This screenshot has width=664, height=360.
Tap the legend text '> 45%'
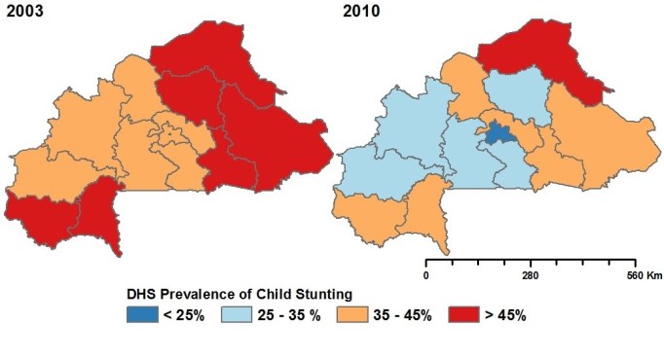tap(505, 315)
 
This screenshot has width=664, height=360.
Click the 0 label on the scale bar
tap(425, 275)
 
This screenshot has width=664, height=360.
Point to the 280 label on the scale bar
tap(531, 275)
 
